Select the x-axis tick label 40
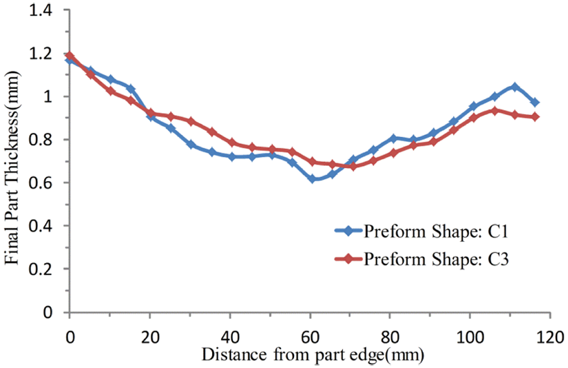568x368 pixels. coord(230,337)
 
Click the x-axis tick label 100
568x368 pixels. coord(470,337)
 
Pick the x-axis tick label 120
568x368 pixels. coord(550,337)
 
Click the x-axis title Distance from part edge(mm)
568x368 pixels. coord(313,355)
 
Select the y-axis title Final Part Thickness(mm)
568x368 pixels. coord(13,168)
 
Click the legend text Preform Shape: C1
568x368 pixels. coord(436,232)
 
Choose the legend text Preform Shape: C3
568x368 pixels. coord(436,259)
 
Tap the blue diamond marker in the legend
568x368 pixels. coord(348,231)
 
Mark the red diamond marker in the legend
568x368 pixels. coord(348,259)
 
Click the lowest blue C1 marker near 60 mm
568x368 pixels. coord(312,179)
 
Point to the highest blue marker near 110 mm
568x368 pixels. coord(514,87)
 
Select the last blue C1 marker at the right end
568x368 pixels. coord(535,102)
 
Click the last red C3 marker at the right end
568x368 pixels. coord(535,117)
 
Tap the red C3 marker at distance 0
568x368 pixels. coord(69,56)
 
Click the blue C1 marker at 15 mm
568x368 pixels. coord(131,89)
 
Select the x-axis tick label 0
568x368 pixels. coord(70,337)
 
